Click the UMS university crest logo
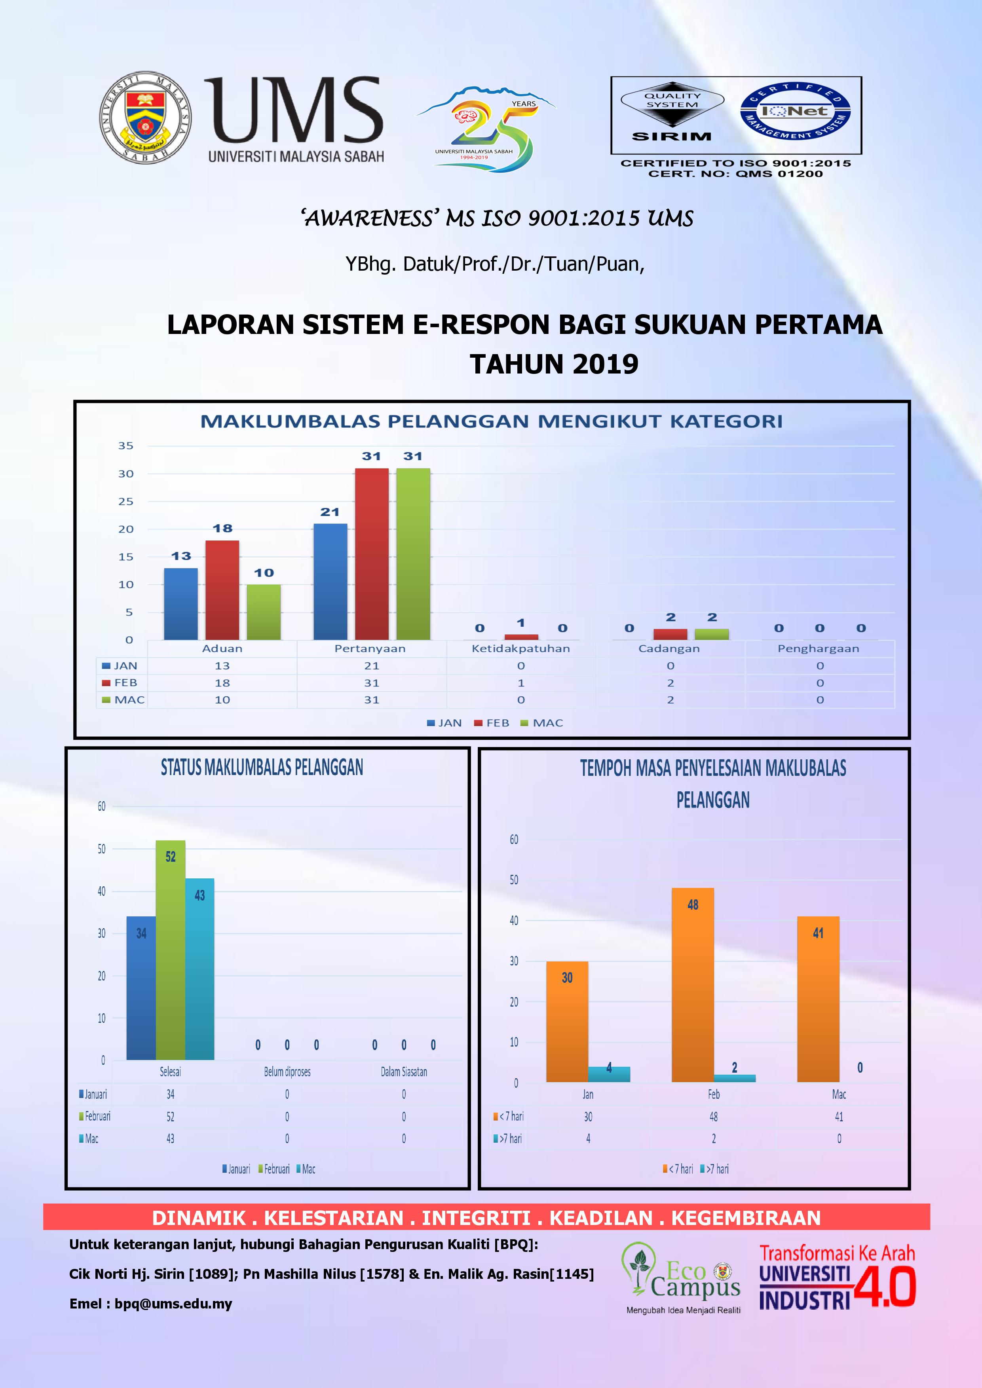click(x=145, y=117)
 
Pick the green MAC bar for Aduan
click(x=264, y=611)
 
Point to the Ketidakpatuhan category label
click(x=520, y=648)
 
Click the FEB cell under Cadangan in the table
click(x=670, y=683)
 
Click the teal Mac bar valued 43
click(x=199, y=969)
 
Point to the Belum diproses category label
click(x=287, y=1072)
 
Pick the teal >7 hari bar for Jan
click(x=609, y=1074)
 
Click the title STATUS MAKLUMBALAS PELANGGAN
click(x=262, y=768)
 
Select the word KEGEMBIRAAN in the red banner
click(x=746, y=1217)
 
